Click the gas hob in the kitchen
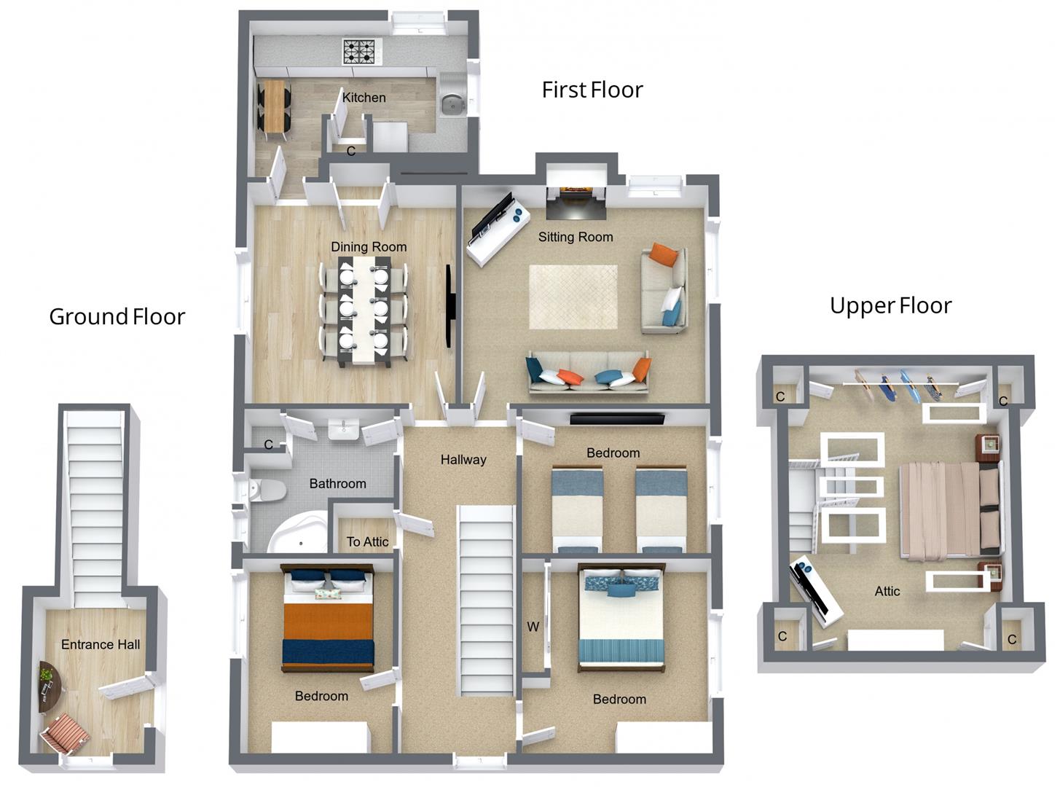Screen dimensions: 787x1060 pyautogui.click(x=361, y=52)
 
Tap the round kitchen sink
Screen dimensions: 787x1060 pyautogui.click(x=452, y=104)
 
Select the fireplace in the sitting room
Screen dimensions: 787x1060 pyautogui.click(x=576, y=197)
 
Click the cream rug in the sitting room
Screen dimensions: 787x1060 pyautogui.click(x=573, y=297)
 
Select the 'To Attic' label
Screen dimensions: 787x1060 pyautogui.click(x=367, y=541)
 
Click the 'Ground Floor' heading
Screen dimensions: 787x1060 pyautogui.click(x=117, y=316)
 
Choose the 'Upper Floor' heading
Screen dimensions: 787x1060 pyautogui.click(x=890, y=305)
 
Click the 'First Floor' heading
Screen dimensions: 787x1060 pyautogui.click(x=592, y=90)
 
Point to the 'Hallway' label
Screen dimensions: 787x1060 pyautogui.click(x=463, y=460)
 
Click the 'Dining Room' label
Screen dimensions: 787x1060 pyautogui.click(x=369, y=247)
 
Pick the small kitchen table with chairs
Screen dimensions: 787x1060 pyautogui.click(x=274, y=107)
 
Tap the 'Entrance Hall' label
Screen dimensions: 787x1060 pyautogui.click(x=101, y=644)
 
